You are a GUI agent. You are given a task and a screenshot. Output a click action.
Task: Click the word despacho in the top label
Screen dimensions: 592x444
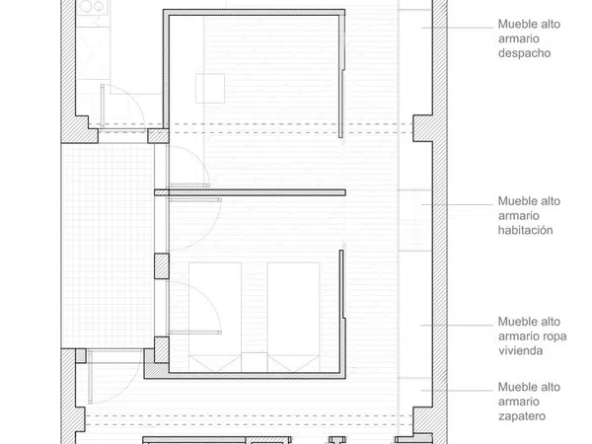(x=524, y=53)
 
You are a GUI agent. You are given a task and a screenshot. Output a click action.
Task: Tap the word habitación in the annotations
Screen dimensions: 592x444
(x=525, y=230)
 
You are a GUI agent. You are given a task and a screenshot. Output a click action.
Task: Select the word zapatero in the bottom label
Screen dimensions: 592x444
(x=522, y=416)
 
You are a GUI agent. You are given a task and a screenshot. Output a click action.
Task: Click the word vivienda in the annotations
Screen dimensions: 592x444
(x=520, y=350)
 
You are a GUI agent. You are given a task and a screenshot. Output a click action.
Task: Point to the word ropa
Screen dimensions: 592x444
(x=555, y=336)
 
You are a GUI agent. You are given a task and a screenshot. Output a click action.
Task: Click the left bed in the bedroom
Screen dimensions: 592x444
(x=215, y=317)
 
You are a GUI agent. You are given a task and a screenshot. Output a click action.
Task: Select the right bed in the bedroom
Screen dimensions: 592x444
(x=293, y=317)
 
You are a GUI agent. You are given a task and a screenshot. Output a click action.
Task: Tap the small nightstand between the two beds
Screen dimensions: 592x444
(x=255, y=362)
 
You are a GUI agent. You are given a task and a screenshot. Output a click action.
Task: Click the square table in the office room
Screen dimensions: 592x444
(x=210, y=89)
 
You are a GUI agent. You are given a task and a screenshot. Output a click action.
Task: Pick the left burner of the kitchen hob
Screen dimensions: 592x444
(x=86, y=6)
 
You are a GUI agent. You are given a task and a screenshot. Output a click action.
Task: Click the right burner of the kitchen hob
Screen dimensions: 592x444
(x=99, y=6)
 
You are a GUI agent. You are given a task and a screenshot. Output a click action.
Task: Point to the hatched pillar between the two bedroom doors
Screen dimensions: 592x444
(x=162, y=266)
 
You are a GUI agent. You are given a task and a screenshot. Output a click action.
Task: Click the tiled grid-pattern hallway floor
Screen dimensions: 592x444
(x=108, y=246)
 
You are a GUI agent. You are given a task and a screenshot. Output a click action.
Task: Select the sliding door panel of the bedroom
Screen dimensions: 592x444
(x=341, y=285)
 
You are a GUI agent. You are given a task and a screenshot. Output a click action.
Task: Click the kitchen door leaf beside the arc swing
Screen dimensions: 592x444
(x=103, y=108)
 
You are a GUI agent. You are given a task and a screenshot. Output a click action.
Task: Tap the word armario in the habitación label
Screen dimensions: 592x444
(x=519, y=216)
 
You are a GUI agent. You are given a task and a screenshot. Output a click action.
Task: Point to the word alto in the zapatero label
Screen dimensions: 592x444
(x=552, y=387)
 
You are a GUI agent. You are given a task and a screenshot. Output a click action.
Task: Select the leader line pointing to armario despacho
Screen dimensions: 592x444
(x=457, y=28)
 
